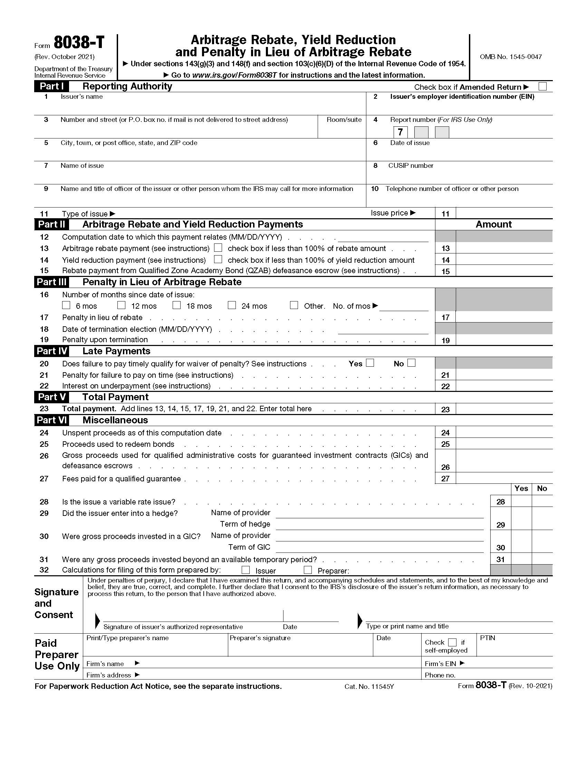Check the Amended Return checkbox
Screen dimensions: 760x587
542,86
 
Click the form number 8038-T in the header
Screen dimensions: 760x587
79,43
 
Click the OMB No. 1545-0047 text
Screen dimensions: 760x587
510,57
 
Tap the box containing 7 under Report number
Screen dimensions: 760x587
400,132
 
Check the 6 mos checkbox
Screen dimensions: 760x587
66,305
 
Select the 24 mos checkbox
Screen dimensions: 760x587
232,305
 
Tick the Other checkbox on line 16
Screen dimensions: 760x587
294,305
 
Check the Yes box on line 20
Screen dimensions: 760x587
370,363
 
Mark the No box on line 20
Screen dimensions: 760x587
411,363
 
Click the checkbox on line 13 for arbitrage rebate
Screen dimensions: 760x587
218,248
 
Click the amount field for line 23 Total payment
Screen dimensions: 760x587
503,409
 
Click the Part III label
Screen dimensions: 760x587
51,282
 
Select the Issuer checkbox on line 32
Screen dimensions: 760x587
246,570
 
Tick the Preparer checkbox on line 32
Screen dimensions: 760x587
308,570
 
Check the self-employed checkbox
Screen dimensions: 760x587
452,642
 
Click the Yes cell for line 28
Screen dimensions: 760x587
521,501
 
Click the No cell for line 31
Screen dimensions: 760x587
542,559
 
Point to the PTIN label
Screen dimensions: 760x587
488,638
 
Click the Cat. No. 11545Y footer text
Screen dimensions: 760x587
369,686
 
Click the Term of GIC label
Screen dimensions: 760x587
249,547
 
